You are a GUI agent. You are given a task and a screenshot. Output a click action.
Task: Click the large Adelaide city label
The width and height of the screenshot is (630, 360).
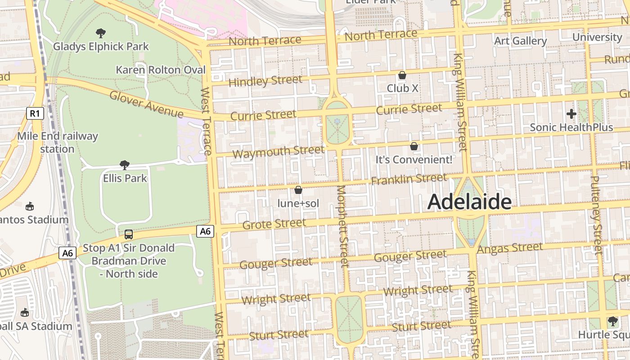click(469, 202)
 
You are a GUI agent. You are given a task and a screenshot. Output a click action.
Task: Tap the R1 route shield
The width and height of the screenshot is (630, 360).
click(35, 113)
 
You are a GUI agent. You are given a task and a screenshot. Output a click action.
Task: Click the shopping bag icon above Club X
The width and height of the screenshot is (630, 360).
click(402, 75)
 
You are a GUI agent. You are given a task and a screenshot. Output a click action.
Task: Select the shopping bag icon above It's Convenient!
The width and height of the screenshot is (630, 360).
click(414, 146)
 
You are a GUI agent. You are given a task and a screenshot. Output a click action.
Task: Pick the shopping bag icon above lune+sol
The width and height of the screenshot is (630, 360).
click(298, 190)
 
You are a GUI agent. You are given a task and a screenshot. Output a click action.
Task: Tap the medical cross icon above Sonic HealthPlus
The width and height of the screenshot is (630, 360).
click(571, 114)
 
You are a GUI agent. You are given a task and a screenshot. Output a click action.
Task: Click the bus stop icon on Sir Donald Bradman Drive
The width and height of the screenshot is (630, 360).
click(128, 234)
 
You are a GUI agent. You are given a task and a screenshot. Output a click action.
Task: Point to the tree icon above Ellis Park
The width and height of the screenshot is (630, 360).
click(125, 165)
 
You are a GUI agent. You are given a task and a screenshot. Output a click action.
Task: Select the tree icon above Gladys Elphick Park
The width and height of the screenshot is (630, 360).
click(101, 33)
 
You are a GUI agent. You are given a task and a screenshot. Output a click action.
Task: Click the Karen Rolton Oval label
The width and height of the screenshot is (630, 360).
click(161, 70)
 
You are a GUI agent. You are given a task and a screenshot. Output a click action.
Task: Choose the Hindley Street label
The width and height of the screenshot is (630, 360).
click(265, 81)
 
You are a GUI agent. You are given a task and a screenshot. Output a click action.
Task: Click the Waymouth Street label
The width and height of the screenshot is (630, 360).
click(278, 152)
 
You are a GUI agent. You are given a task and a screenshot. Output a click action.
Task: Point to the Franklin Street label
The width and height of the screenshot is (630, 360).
click(409, 179)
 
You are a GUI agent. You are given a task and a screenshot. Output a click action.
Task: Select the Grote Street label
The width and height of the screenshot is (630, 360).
click(274, 224)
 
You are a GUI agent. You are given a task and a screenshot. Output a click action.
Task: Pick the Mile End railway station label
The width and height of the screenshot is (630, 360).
click(57, 142)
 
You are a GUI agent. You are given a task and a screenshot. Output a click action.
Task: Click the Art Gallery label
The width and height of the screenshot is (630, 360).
click(520, 41)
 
